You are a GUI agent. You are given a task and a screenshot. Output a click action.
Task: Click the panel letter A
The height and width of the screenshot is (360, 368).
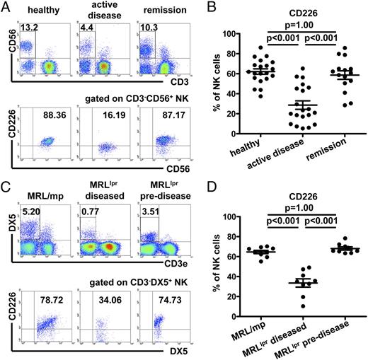[6, 7]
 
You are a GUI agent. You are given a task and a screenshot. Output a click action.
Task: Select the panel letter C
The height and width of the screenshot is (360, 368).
[6, 186]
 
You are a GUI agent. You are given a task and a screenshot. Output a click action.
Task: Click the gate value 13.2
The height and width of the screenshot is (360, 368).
[28, 27]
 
